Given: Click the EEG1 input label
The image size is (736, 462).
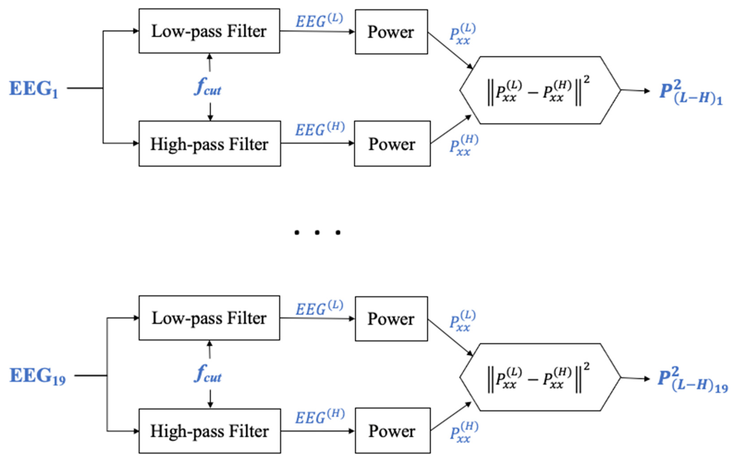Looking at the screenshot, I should click(34, 89).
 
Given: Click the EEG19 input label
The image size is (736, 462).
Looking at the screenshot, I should click(37, 376).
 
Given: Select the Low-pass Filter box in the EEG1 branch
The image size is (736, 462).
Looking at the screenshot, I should click(209, 31).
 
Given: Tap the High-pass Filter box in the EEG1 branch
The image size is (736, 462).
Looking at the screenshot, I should click(209, 144).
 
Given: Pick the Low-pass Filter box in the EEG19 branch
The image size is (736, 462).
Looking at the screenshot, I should click(209, 318).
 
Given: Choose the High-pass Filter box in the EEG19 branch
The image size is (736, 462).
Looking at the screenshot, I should click(209, 431).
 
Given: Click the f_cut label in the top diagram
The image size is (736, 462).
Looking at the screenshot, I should click(208, 87).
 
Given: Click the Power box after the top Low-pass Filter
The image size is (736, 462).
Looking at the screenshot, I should click(391, 32).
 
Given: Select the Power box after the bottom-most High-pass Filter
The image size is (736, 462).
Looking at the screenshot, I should click(392, 431).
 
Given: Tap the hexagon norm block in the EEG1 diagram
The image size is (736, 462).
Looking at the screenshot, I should click(540, 90).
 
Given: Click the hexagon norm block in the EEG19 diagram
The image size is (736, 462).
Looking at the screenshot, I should click(540, 377).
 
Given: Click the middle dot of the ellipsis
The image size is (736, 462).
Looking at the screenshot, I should click(317, 233).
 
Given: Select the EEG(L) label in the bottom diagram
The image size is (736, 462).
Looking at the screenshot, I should click(319, 308).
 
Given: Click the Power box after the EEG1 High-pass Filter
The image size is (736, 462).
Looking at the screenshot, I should click(392, 144).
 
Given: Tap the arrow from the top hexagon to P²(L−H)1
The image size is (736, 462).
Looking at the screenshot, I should click(635, 90).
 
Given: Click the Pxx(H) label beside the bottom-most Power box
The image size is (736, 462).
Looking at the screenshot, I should click(464, 432).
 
